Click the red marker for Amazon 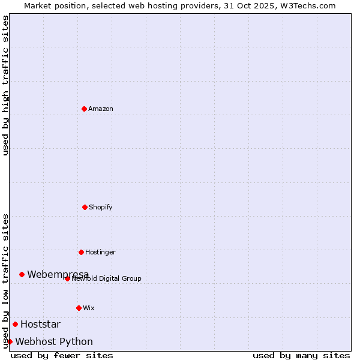click(84, 109)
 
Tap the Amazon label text click(101, 109)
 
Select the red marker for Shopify click(85, 207)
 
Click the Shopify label click(101, 207)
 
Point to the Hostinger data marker click(81, 252)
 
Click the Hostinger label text click(100, 252)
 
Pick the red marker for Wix click(79, 308)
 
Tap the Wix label click(89, 308)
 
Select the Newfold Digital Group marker click(67, 278)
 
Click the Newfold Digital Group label click(107, 278)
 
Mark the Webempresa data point click(22, 274)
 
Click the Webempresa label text click(58, 274)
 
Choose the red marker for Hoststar click(15, 324)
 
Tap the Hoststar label click(40, 325)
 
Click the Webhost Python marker click(10, 341)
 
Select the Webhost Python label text click(54, 342)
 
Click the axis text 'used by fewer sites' click(62, 355)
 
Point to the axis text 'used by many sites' click(301, 355)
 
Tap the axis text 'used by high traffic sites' click(5, 85)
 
